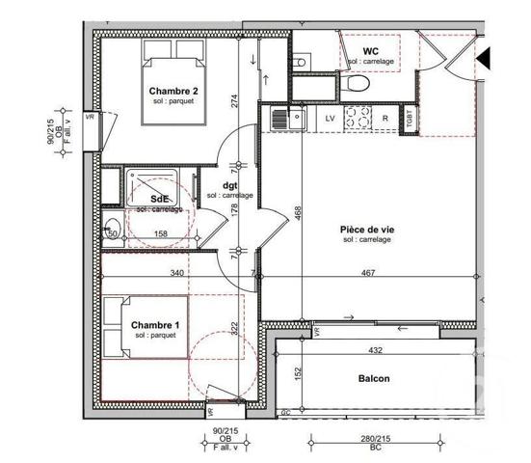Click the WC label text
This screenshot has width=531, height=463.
pos(370,51)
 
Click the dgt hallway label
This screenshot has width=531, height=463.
pos(229,186)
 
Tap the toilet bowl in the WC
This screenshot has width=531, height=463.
pos(358,84)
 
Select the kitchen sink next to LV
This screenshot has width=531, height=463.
pos(280,119)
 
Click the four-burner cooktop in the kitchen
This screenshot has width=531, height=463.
pos(358,119)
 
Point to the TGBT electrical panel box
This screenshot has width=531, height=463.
pos(412,119)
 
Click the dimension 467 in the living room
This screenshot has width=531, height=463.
pos(368,274)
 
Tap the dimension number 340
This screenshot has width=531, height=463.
pos(176,274)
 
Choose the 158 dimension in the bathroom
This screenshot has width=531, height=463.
pos(161,233)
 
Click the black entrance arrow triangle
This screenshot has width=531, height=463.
pos(485,61)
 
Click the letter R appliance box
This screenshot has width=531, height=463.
pos(385,119)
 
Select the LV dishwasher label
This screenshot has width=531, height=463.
pos(330,119)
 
